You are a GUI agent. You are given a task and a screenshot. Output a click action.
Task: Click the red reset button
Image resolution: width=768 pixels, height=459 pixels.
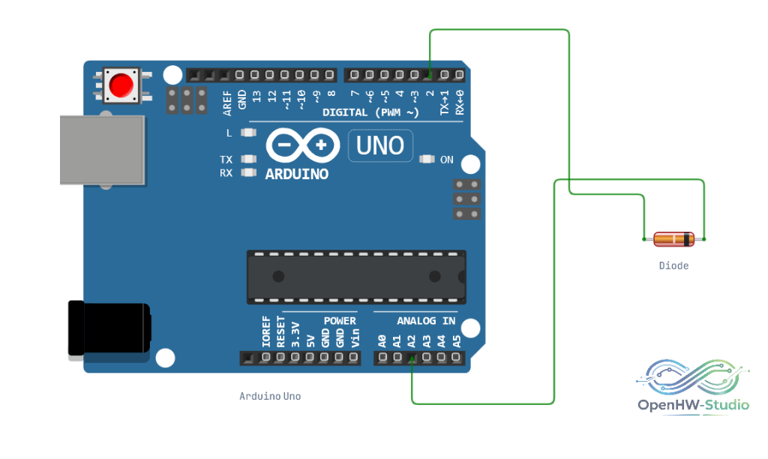(121, 85)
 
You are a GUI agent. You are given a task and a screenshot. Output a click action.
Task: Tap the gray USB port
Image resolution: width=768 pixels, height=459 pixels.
(102, 150)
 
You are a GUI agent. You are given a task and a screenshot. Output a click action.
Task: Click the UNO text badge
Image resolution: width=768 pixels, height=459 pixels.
(380, 145)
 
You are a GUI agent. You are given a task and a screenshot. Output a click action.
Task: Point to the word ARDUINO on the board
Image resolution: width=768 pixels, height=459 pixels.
(296, 174)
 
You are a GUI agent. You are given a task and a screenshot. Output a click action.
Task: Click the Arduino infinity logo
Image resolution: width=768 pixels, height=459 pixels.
(303, 145)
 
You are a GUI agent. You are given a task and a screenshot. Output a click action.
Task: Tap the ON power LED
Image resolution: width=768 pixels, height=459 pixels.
(427, 159)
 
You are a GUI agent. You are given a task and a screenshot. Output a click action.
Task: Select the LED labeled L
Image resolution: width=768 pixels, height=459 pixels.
(249, 133)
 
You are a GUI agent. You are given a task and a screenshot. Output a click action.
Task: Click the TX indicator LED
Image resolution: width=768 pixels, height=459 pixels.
(249, 159)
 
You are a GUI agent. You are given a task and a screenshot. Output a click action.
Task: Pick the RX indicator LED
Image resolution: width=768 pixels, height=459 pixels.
(249, 172)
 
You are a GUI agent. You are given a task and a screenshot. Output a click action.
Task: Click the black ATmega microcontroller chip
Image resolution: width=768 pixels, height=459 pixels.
(356, 277)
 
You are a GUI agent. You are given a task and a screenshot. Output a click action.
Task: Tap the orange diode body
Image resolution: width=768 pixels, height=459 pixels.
(674, 239)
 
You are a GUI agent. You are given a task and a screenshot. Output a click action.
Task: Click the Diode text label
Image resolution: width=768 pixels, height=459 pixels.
(673, 265)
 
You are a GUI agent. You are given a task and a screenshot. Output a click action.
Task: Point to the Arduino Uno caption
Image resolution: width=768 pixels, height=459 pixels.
(270, 396)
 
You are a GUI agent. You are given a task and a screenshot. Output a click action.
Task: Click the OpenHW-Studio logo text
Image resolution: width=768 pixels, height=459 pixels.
(693, 405)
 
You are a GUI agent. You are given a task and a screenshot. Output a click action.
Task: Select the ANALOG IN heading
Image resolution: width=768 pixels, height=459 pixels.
(426, 321)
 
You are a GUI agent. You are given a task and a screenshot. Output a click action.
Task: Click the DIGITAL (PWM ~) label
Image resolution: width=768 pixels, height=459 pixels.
(370, 112)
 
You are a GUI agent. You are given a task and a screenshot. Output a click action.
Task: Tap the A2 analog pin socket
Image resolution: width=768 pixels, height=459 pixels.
(412, 358)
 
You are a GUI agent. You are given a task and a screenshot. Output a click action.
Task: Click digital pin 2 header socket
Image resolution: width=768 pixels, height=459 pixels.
(429, 75)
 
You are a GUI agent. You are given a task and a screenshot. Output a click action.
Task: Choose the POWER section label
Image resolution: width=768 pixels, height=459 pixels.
(340, 321)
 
